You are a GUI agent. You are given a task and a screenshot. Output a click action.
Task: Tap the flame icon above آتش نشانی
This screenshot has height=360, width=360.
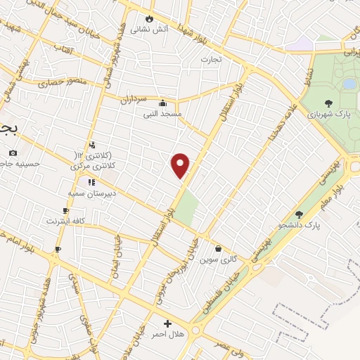[149, 19]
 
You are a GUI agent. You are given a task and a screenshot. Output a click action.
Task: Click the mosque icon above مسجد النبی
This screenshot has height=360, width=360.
[163, 102]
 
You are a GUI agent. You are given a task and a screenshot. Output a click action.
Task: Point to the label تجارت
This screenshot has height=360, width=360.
[211, 59]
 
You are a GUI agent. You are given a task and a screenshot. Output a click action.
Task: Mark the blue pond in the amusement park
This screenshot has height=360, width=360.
[349, 84]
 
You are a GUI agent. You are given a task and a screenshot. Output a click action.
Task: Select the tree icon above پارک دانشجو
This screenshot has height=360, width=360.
[299, 214]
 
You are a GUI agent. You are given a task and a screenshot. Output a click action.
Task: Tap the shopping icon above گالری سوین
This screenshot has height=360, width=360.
[218, 248]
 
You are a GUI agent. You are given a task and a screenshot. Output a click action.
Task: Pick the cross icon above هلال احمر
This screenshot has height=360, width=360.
[167, 323]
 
